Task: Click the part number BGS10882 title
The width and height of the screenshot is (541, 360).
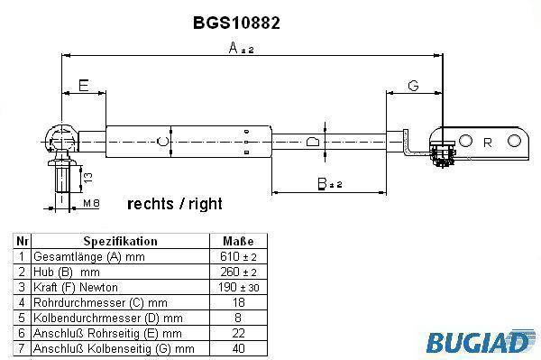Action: (236, 23)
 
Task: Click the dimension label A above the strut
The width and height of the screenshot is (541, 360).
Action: (234, 48)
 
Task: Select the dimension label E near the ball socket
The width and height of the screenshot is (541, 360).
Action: (84, 85)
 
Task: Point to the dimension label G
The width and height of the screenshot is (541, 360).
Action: (413, 85)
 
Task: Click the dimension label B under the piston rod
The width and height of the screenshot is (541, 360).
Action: (322, 184)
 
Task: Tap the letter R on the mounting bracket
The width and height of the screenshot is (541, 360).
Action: (488, 143)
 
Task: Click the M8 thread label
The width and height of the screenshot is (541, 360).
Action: (91, 203)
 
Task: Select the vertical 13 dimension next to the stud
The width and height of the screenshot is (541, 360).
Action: (88, 178)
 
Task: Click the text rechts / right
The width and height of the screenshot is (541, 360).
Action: (175, 204)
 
